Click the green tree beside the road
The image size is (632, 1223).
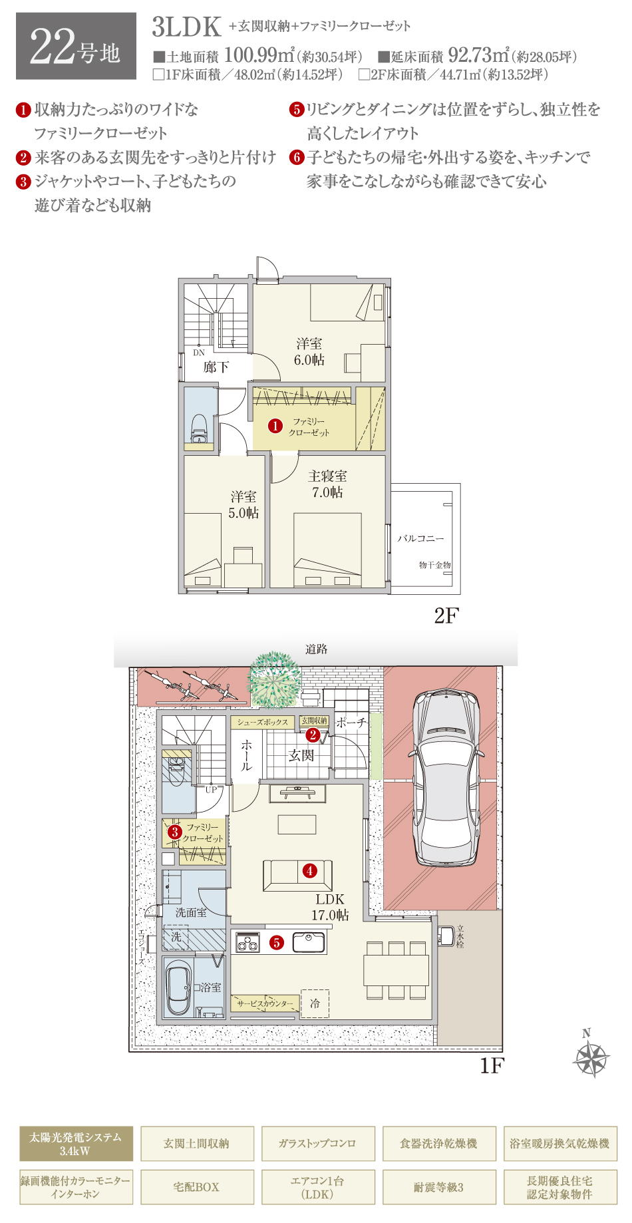[x=274, y=679]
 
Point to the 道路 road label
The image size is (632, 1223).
[x=316, y=649]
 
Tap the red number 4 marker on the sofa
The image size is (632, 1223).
[x=309, y=870]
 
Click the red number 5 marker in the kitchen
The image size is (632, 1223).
[x=277, y=942]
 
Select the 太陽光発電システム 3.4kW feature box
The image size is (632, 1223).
[x=76, y=1143]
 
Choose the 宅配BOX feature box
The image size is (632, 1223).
[x=197, y=1187]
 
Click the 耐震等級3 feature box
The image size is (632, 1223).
[x=439, y=1187]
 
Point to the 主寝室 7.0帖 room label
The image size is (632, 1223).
[x=327, y=484]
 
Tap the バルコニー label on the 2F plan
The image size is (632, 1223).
[x=420, y=538]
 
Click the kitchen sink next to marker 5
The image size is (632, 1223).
[x=309, y=942]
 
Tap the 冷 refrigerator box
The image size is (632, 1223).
[x=315, y=1003]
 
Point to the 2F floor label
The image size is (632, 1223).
[x=446, y=616]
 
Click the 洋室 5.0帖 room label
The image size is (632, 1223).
[x=243, y=504]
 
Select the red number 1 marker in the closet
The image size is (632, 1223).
[x=275, y=425]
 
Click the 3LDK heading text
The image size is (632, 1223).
[x=187, y=27]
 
